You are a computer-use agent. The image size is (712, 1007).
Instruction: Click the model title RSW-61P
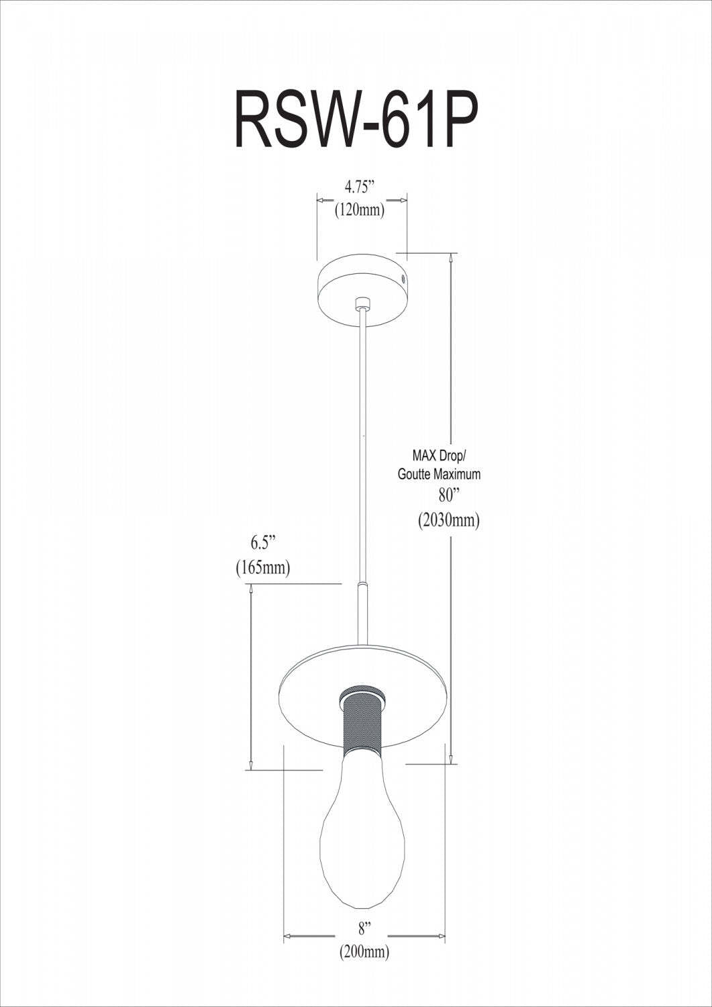356,121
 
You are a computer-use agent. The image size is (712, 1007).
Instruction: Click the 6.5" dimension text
263,542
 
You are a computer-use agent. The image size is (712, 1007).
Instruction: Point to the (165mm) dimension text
263,568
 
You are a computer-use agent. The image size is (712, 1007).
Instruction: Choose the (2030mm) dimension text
448,520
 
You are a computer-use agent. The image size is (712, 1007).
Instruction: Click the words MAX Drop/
438,456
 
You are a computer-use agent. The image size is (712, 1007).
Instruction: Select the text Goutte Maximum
439,474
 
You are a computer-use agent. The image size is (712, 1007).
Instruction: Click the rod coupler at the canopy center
363,303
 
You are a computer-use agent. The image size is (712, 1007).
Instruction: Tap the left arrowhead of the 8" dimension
288,935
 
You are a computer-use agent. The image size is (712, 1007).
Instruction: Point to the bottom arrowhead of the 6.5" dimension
250,765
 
